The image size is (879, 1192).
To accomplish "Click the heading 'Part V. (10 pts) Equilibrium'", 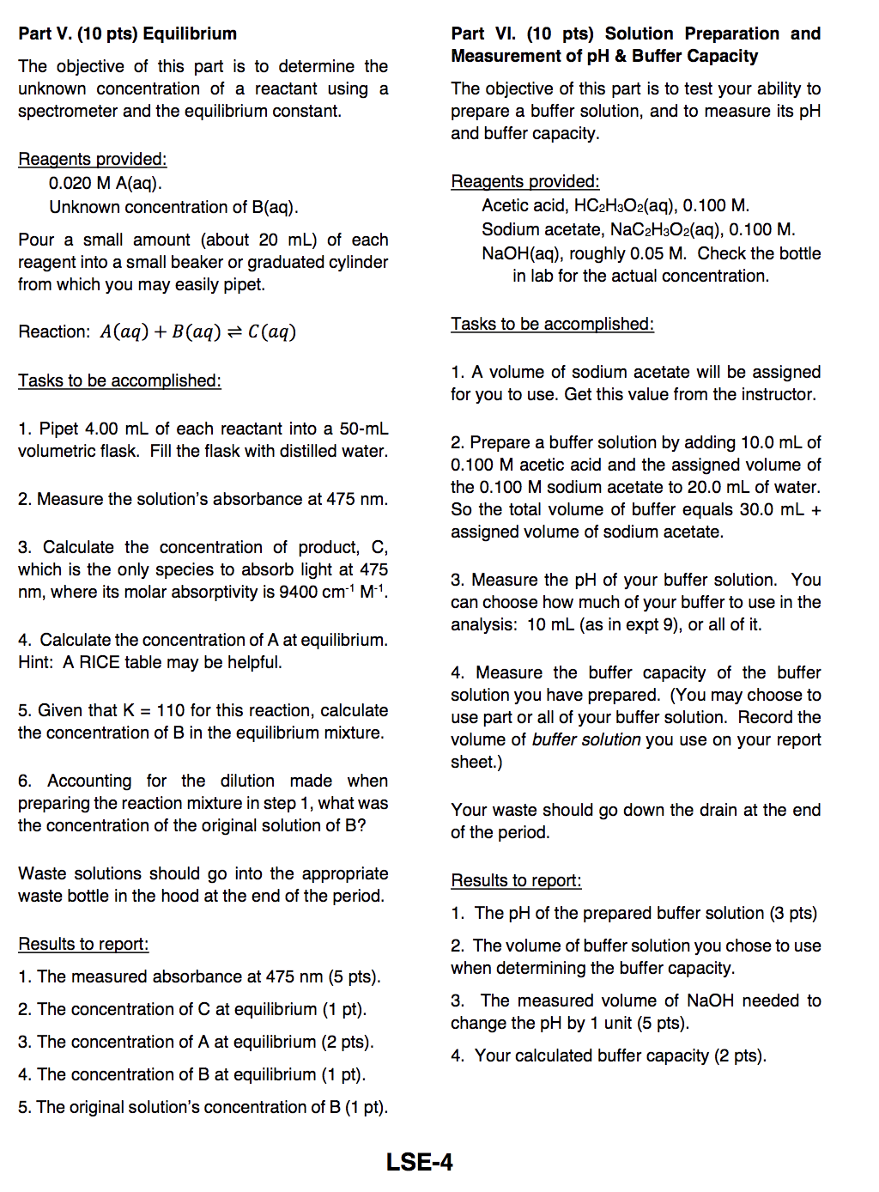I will click(127, 33).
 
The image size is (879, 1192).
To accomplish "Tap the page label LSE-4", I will click(419, 1162).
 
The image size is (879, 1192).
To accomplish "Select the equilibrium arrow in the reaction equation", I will click(234, 332).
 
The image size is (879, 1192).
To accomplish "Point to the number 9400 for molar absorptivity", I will click(299, 592).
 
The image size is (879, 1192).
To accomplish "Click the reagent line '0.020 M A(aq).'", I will click(106, 183).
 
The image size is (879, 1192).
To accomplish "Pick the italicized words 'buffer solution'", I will click(586, 739).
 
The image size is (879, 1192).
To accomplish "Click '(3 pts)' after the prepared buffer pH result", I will click(793, 913).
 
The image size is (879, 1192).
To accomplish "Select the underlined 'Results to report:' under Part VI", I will click(516, 880).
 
